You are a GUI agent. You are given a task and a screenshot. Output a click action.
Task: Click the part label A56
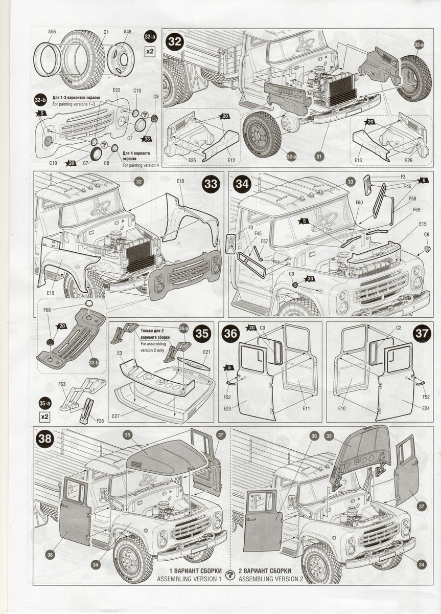pyautogui.click(x=52, y=32)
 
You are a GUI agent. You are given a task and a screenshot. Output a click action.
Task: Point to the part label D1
pyautogui.click(x=106, y=32)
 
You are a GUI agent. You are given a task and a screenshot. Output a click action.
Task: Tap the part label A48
pyautogui.click(x=127, y=32)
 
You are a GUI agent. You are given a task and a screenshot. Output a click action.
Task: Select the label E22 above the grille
pyautogui.click(x=117, y=90)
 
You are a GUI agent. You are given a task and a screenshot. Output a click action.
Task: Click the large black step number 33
pyautogui.click(x=210, y=184)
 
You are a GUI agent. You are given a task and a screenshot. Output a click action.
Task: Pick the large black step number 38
pyautogui.click(x=45, y=438)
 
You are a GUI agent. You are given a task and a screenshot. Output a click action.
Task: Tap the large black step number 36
pyautogui.click(x=231, y=333)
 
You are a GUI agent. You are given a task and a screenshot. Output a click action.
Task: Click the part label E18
pyautogui.click(x=180, y=181)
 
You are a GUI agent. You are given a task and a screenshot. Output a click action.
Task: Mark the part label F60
pyautogui.click(x=359, y=203)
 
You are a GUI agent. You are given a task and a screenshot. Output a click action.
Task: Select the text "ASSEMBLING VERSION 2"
pyautogui.click(x=271, y=579)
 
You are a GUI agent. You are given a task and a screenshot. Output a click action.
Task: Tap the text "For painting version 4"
pyautogui.click(x=141, y=165)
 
